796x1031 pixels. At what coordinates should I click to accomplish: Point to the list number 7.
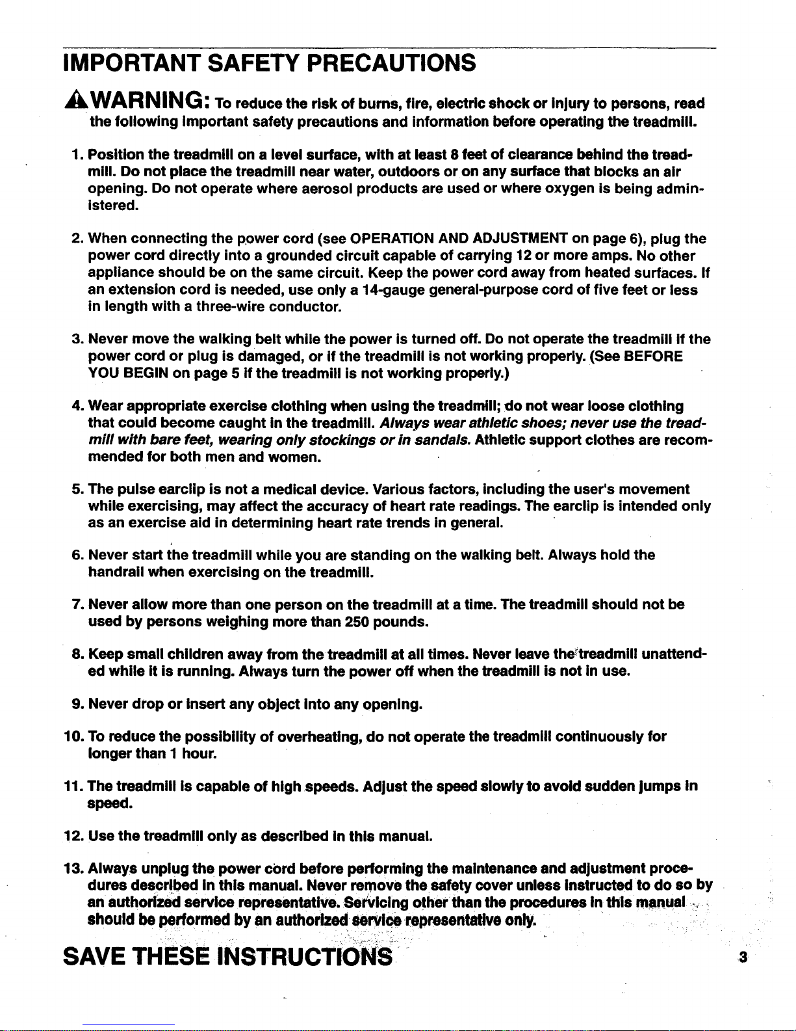75,604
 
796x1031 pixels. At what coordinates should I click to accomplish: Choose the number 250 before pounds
357,622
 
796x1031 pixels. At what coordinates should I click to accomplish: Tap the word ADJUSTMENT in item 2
516,239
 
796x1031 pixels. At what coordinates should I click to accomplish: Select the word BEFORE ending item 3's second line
653,356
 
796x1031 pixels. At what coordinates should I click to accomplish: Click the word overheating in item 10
318,737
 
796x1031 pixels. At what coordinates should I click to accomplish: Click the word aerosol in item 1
319,189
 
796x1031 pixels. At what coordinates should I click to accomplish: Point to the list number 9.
75,704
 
